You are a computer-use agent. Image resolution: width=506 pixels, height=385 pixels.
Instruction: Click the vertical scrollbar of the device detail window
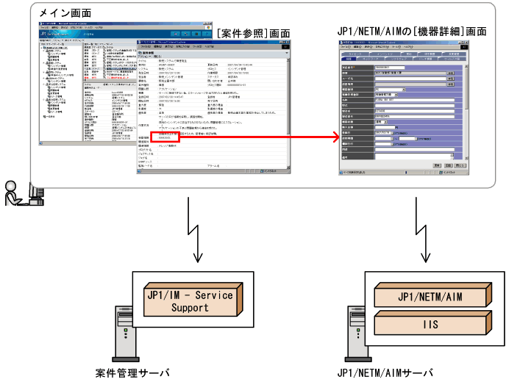pyautogui.click(x=467, y=110)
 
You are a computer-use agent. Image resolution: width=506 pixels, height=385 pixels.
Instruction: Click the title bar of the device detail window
pyautogui.click(x=397, y=45)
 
